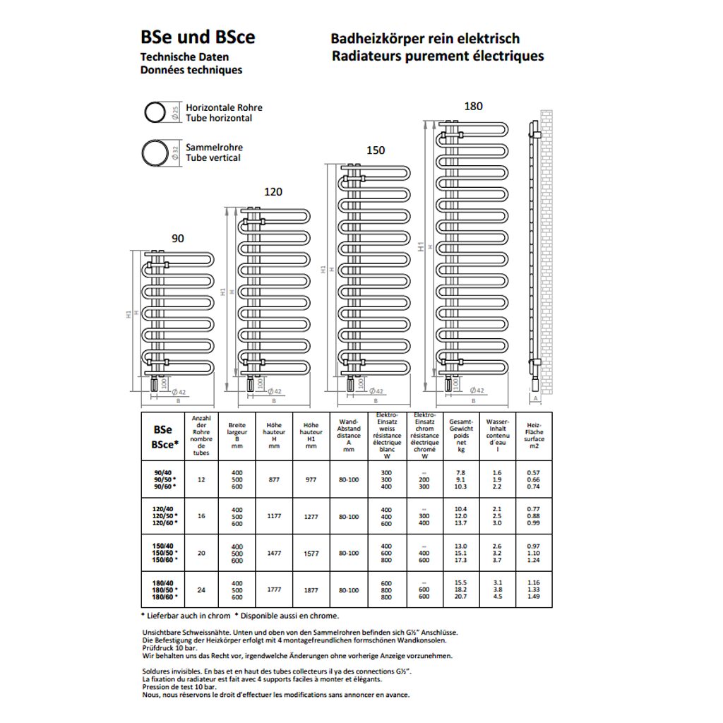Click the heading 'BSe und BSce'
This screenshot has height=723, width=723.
click(x=198, y=37)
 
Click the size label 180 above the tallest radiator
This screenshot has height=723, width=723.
click(x=473, y=106)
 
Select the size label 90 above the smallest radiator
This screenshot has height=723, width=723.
click(x=178, y=239)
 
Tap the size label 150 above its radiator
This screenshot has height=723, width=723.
click(x=376, y=150)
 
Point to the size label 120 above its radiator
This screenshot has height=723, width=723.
click(x=273, y=191)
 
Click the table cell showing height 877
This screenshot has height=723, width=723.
click(x=274, y=479)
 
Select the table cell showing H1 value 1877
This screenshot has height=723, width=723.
click(x=311, y=590)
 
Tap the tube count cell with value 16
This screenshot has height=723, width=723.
click(x=202, y=516)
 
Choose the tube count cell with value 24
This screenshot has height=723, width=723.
click(x=202, y=590)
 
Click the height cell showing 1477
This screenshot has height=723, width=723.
click(x=274, y=553)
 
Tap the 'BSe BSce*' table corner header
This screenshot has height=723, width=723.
click(x=162, y=436)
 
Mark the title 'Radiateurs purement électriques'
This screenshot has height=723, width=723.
click(x=438, y=56)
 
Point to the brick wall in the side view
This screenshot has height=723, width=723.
click(x=546, y=247)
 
